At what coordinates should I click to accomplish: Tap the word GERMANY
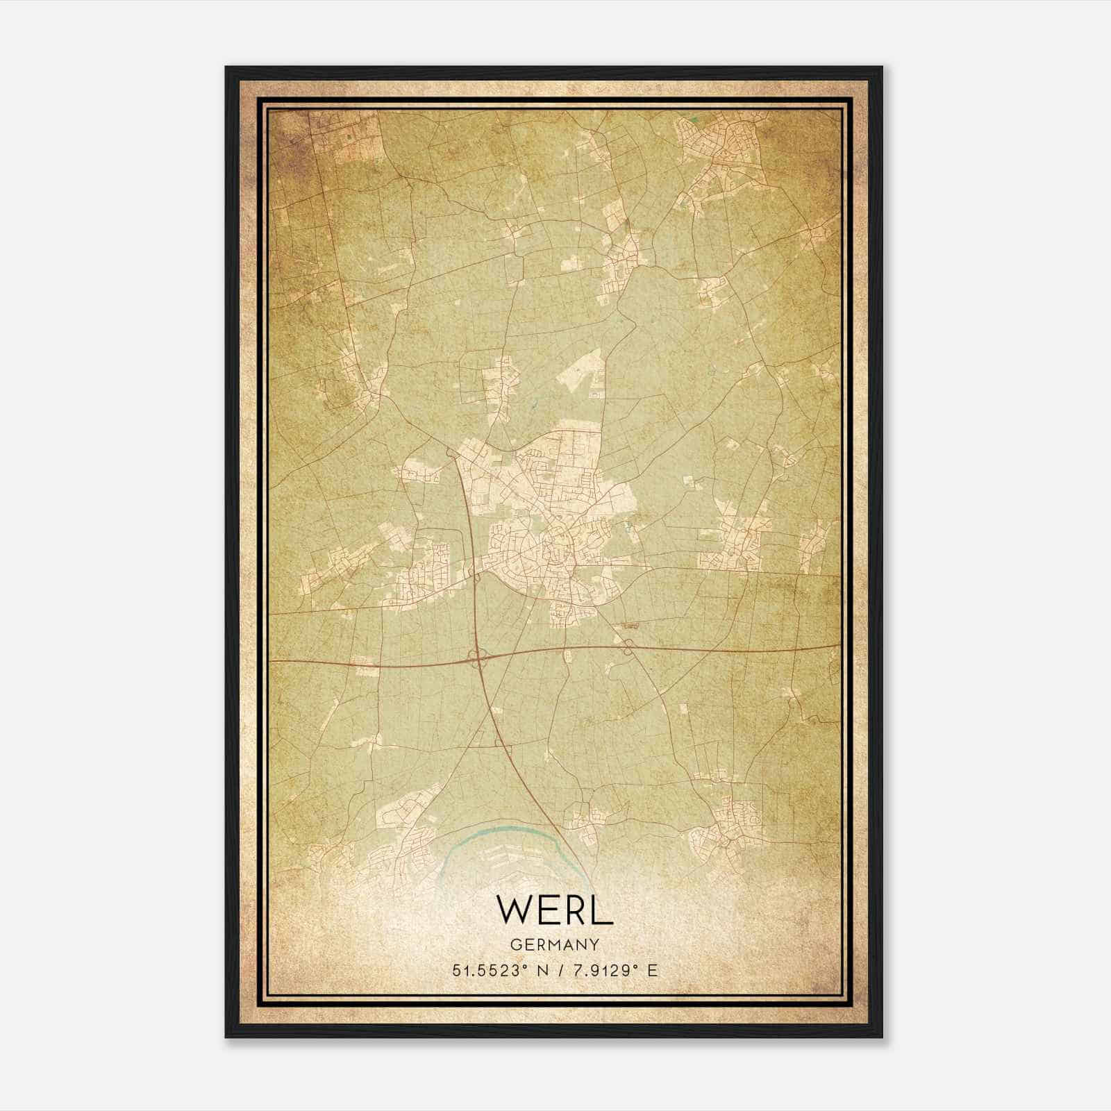[x=554, y=944]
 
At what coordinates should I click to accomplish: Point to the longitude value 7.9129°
[x=603, y=971]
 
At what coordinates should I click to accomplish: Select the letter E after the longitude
[x=651, y=971]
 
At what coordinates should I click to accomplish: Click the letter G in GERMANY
[x=515, y=944]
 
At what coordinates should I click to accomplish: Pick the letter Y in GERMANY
[x=594, y=944]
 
